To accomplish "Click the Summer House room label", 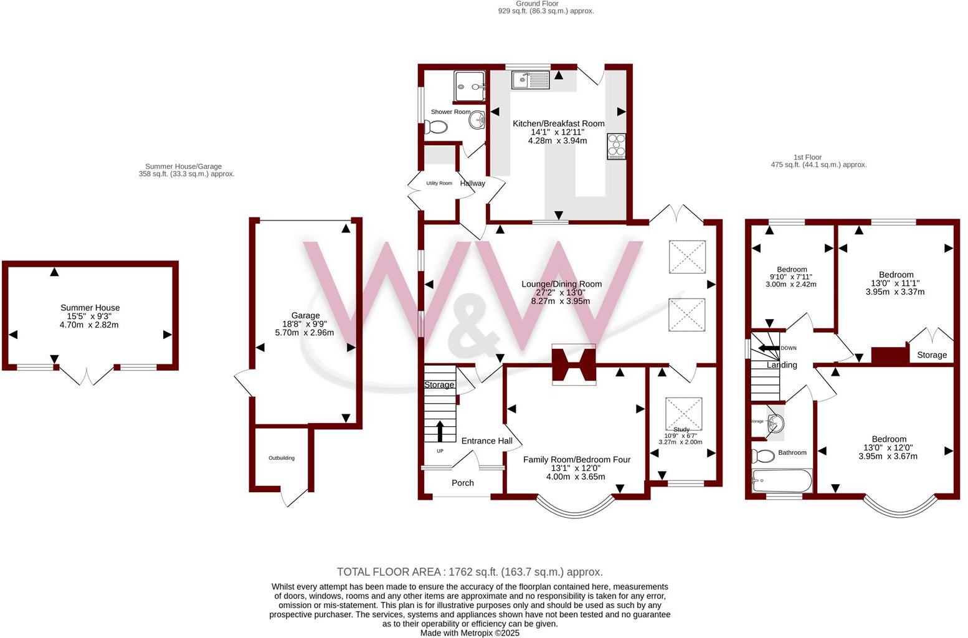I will [90, 308].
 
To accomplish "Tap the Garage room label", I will [305, 316].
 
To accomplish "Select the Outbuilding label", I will [282, 458].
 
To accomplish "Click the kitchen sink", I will [529, 80].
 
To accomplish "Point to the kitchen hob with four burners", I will [616, 146].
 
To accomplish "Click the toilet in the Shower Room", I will [436, 128].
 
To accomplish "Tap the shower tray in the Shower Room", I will [470, 86].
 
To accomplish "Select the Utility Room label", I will [439, 183].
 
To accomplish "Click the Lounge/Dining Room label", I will [561, 284].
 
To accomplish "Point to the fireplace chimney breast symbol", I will [574, 364].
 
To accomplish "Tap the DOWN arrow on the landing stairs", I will [769, 348].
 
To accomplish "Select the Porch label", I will [463, 483].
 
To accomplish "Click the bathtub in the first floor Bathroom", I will [782, 480].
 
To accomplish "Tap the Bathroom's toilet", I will [762, 455].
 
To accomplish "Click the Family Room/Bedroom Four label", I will [576, 460].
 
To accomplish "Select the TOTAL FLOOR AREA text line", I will [470, 572].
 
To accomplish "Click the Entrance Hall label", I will [487, 441].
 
